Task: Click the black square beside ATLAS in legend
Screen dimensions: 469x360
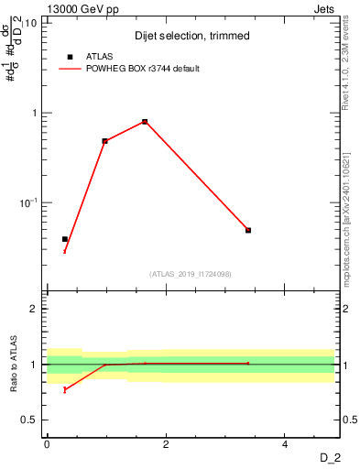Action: click(x=71, y=57)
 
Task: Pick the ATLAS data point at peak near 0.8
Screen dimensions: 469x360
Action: click(x=145, y=122)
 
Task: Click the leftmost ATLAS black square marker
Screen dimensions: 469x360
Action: click(x=65, y=239)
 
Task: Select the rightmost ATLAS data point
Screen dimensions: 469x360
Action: click(x=248, y=230)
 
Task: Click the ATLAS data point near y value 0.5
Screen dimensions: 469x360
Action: click(x=105, y=141)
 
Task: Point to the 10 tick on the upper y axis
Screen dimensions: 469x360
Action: click(x=32, y=23)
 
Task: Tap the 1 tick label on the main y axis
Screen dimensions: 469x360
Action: click(x=35, y=113)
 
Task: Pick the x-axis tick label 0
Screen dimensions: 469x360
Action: click(x=47, y=444)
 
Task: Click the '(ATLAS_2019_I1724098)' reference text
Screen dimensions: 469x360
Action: click(x=191, y=273)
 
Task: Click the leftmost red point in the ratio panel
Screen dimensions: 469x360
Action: click(x=65, y=389)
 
